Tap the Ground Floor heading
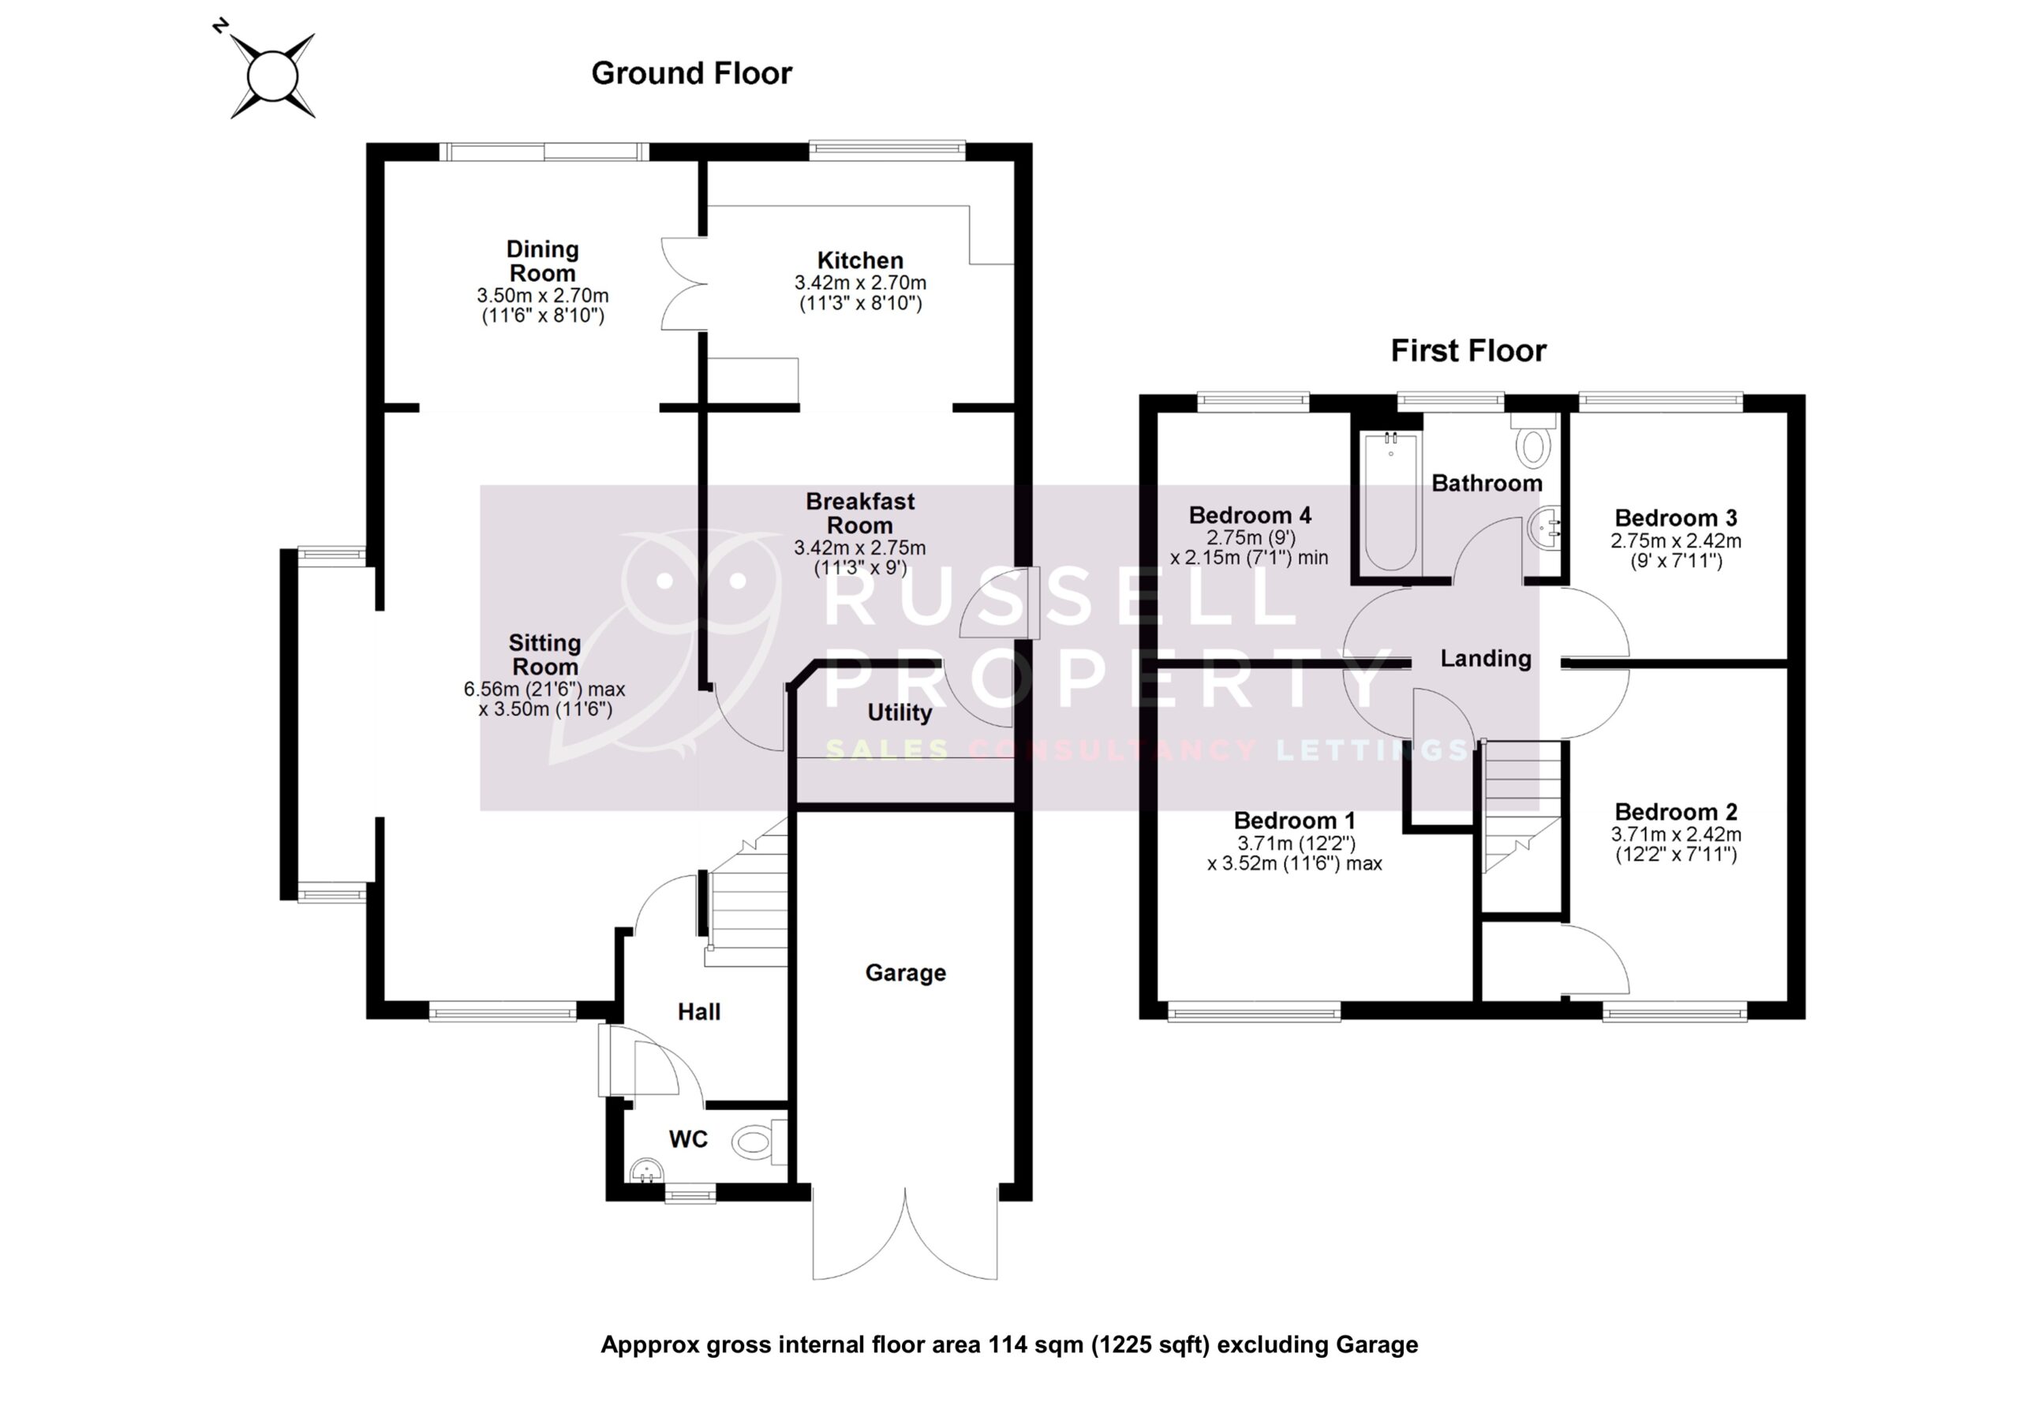(691, 73)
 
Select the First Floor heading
(1468, 351)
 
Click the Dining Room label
(543, 260)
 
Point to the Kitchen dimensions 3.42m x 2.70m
(859, 283)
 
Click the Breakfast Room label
(859, 513)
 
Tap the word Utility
(900, 712)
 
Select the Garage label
(905, 972)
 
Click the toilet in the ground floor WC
(757, 1142)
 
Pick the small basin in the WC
(645, 1169)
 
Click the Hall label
(698, 1012)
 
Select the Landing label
(1485, 658)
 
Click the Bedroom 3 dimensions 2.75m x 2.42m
(1675, 542)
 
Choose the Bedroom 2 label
(1675, 811)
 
